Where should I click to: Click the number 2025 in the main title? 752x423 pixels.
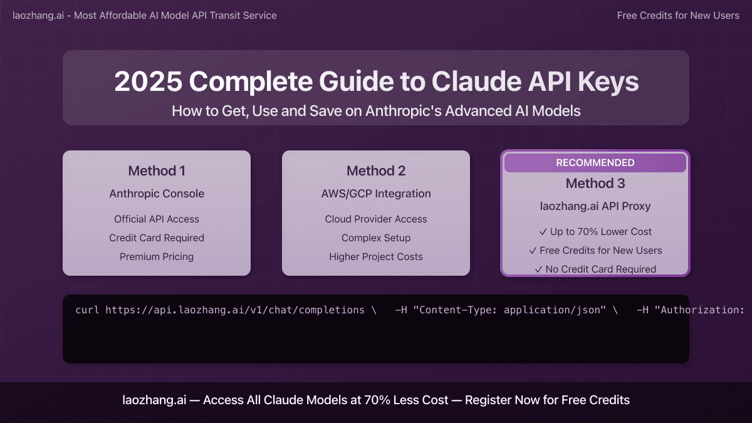tap(148, 81)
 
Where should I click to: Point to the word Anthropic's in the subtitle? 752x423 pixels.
tap(403, 111)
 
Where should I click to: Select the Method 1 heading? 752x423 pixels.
tap(157, 171)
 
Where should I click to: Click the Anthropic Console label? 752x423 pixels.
tap(157, 194)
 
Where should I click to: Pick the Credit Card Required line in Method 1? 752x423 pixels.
tap(157, 238)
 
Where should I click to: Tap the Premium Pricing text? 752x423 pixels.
tap(157, 257)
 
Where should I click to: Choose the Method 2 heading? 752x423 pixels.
tap(376, 171)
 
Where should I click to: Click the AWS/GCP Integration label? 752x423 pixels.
tap(376, 194)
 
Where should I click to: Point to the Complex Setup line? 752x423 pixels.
tap(376, 238)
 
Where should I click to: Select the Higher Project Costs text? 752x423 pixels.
tap(376, 257)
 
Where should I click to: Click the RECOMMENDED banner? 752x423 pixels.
tap(595, 163)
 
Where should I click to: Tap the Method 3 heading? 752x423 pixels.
tap(595, 183)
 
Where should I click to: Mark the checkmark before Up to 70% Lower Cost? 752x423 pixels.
tap(543, 232)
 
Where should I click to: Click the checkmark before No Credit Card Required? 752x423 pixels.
tap(539, 269)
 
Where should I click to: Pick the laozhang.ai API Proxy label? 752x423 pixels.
tap(595, 206)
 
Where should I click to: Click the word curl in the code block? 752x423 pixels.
tap(87, 310)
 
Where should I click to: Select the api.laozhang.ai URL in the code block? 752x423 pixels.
tap(235, 310)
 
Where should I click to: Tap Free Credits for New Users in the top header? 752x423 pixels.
tap(678, 16)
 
